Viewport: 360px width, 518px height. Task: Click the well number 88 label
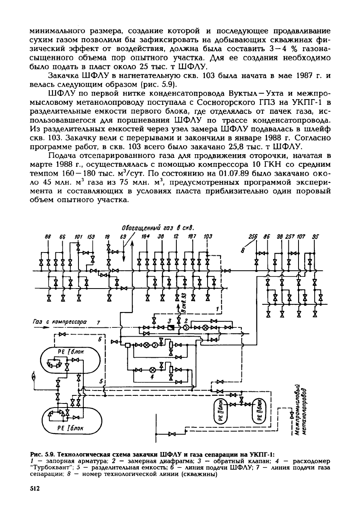pos(48,237)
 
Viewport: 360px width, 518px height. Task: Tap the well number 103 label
pos(208,237)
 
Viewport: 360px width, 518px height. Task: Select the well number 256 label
pos(253,237)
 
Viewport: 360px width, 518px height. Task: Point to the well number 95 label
pos(316,237)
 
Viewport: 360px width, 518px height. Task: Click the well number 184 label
pos(146,237)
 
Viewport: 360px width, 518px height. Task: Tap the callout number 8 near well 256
pos(243,250)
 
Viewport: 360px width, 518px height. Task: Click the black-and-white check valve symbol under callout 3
pos(171,327)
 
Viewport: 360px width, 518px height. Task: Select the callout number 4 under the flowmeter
pos(152,377)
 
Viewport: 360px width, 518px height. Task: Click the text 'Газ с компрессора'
pos(60,322)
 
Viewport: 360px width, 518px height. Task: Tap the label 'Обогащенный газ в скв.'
pos(158,228)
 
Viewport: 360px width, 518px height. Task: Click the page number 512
pos(35,488)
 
